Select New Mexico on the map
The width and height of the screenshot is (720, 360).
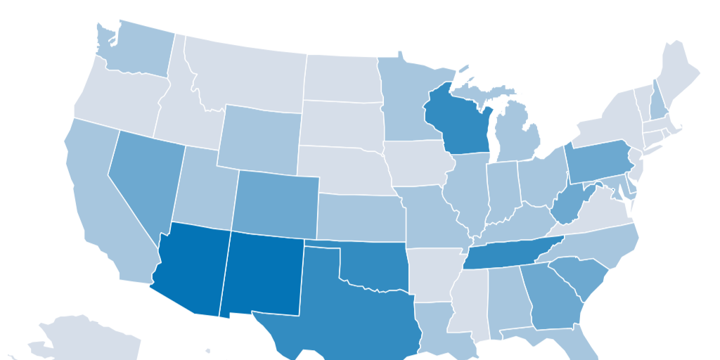tap(262, 274)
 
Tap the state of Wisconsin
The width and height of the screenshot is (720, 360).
tap(457, 123)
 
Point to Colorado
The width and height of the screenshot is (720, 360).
tap(276, 203)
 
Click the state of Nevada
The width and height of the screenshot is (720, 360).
tap(144, 179)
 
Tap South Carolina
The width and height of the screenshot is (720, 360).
tap(581, 278)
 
